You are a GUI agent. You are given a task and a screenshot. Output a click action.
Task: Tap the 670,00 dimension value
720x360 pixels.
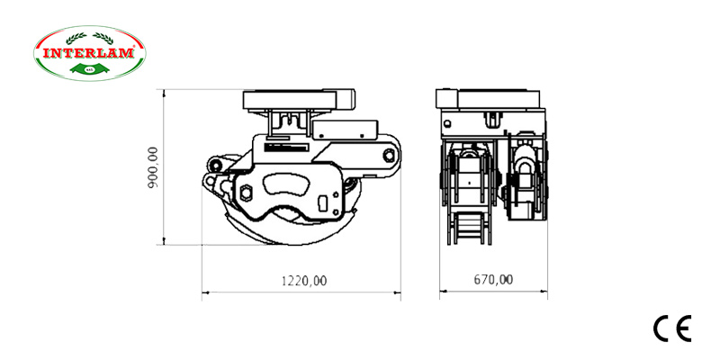(x=493, y=280)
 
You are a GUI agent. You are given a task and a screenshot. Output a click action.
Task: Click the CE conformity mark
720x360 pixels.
(x=671, y=329)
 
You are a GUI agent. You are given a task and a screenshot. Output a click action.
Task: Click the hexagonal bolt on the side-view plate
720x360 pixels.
(x=246, y=191)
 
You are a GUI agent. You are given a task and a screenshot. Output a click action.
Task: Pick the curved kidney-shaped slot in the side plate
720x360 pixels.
(x=287, y=186)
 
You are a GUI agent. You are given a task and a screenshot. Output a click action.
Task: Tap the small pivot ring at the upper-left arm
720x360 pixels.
(x=215, y=165)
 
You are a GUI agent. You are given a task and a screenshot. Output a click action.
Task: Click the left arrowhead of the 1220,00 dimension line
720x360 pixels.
(x=204, y=292)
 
